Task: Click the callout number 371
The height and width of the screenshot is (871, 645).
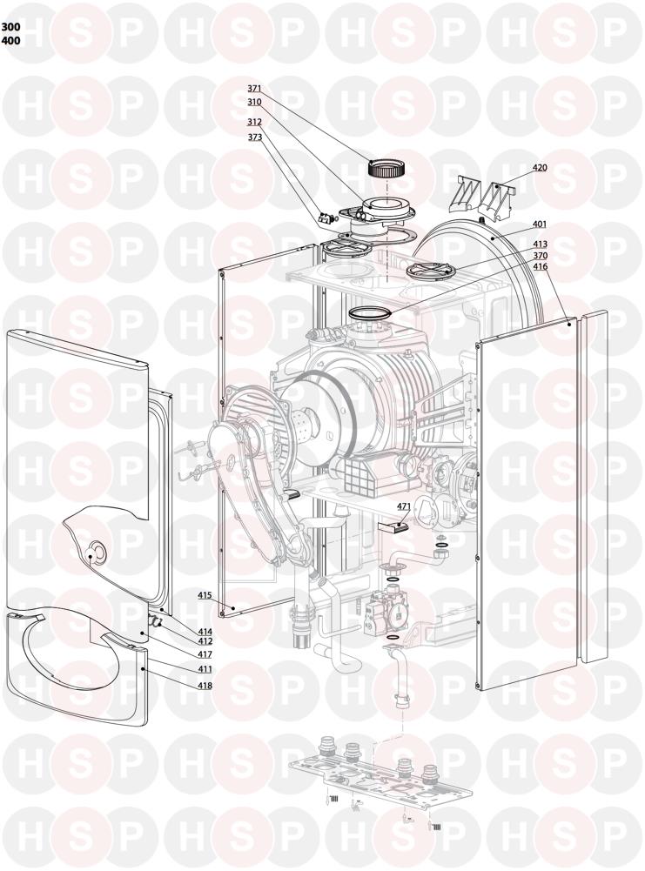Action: [x=254, y=89]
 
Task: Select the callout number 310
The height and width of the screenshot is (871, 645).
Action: [x=254, y=102]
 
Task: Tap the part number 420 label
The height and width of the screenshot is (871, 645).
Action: [x=540, y=168]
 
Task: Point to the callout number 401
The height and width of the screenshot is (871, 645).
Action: [x=540, y=224]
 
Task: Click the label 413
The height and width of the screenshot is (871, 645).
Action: [x=540, y=245]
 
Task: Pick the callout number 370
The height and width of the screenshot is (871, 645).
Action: [x=540, y=256]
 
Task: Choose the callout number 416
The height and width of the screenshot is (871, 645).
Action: [x=540, y=266]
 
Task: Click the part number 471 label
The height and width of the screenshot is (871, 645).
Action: [x=403, y=506]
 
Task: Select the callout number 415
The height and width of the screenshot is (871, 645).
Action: [x=205, y=595]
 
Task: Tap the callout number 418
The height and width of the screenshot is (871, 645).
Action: [x=205, y=686]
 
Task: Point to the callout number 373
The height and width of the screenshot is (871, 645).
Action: [x=254, y=137]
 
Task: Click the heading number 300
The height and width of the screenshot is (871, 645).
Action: [x=10, y=27]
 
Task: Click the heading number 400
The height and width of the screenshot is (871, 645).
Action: [x=10, y=41]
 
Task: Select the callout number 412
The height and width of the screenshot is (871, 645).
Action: [x=205, y=641]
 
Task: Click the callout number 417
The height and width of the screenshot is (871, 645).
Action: [x=205, y=653]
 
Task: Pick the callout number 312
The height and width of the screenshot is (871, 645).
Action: [x=254, y=121]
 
